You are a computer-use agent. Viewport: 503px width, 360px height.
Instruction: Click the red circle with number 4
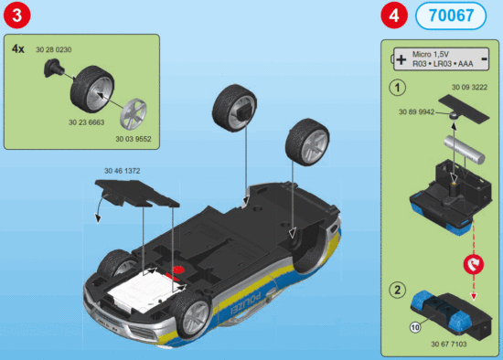(x=393, y=16)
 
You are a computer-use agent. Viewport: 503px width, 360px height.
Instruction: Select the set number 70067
(x=445, y=16)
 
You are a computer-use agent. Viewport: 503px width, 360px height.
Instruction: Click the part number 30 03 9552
(x=132, y=139)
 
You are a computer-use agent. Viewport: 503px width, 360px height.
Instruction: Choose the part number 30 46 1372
(x=123, y=171)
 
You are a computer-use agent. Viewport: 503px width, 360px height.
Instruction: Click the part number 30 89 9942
(x=414, y=111)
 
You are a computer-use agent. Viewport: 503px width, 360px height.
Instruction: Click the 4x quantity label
(x=18, y=47)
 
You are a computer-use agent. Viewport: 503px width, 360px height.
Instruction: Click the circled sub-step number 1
(x=397, y=90)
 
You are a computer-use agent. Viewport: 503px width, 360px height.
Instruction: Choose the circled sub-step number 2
(x=397, y=291)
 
